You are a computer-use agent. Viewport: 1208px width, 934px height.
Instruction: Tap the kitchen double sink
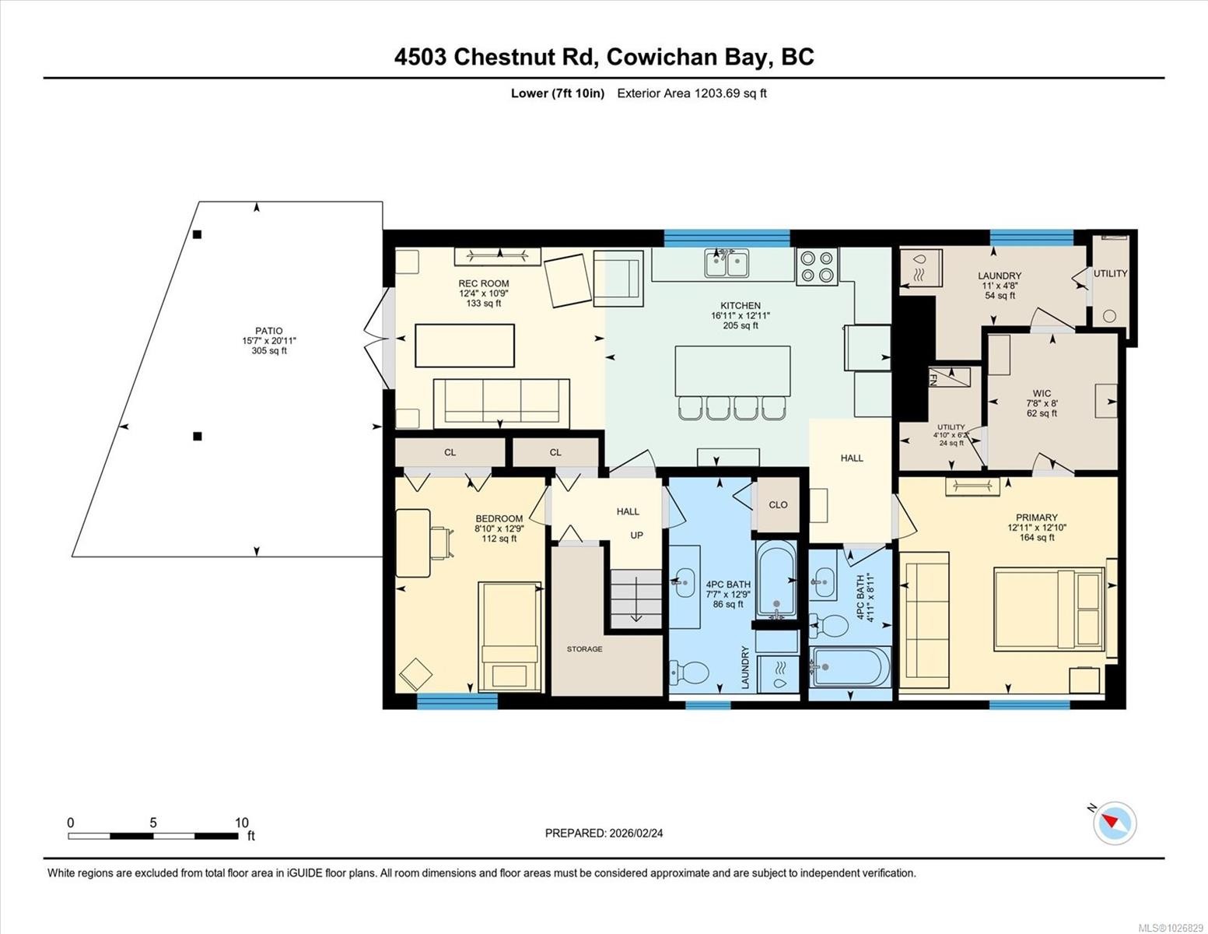point(727,263)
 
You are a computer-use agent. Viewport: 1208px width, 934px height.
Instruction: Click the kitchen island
point(732,371)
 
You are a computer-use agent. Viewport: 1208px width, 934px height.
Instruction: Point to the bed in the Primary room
point(1048,608)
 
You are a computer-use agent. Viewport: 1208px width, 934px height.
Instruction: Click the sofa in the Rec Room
point(502,402)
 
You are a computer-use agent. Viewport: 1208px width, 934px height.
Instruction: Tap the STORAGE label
point(584,649)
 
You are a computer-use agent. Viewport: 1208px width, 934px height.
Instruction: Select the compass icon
point(1115,823)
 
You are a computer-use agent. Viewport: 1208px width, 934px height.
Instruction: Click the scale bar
point(153,836)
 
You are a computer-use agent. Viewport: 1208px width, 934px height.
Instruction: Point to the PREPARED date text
point(604,833)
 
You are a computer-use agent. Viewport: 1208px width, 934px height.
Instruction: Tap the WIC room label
point(1042,393)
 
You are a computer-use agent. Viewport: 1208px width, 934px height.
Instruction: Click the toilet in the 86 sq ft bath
point(690,672)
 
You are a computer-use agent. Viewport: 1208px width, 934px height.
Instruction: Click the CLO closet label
point(778,504)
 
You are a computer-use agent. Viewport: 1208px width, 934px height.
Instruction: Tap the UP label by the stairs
point(636,535)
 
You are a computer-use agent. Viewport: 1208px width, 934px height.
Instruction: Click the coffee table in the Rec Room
point(464,346)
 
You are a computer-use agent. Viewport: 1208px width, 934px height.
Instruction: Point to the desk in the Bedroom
point(413,542)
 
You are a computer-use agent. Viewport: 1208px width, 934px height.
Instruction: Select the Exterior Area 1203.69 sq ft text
point(692,93)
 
